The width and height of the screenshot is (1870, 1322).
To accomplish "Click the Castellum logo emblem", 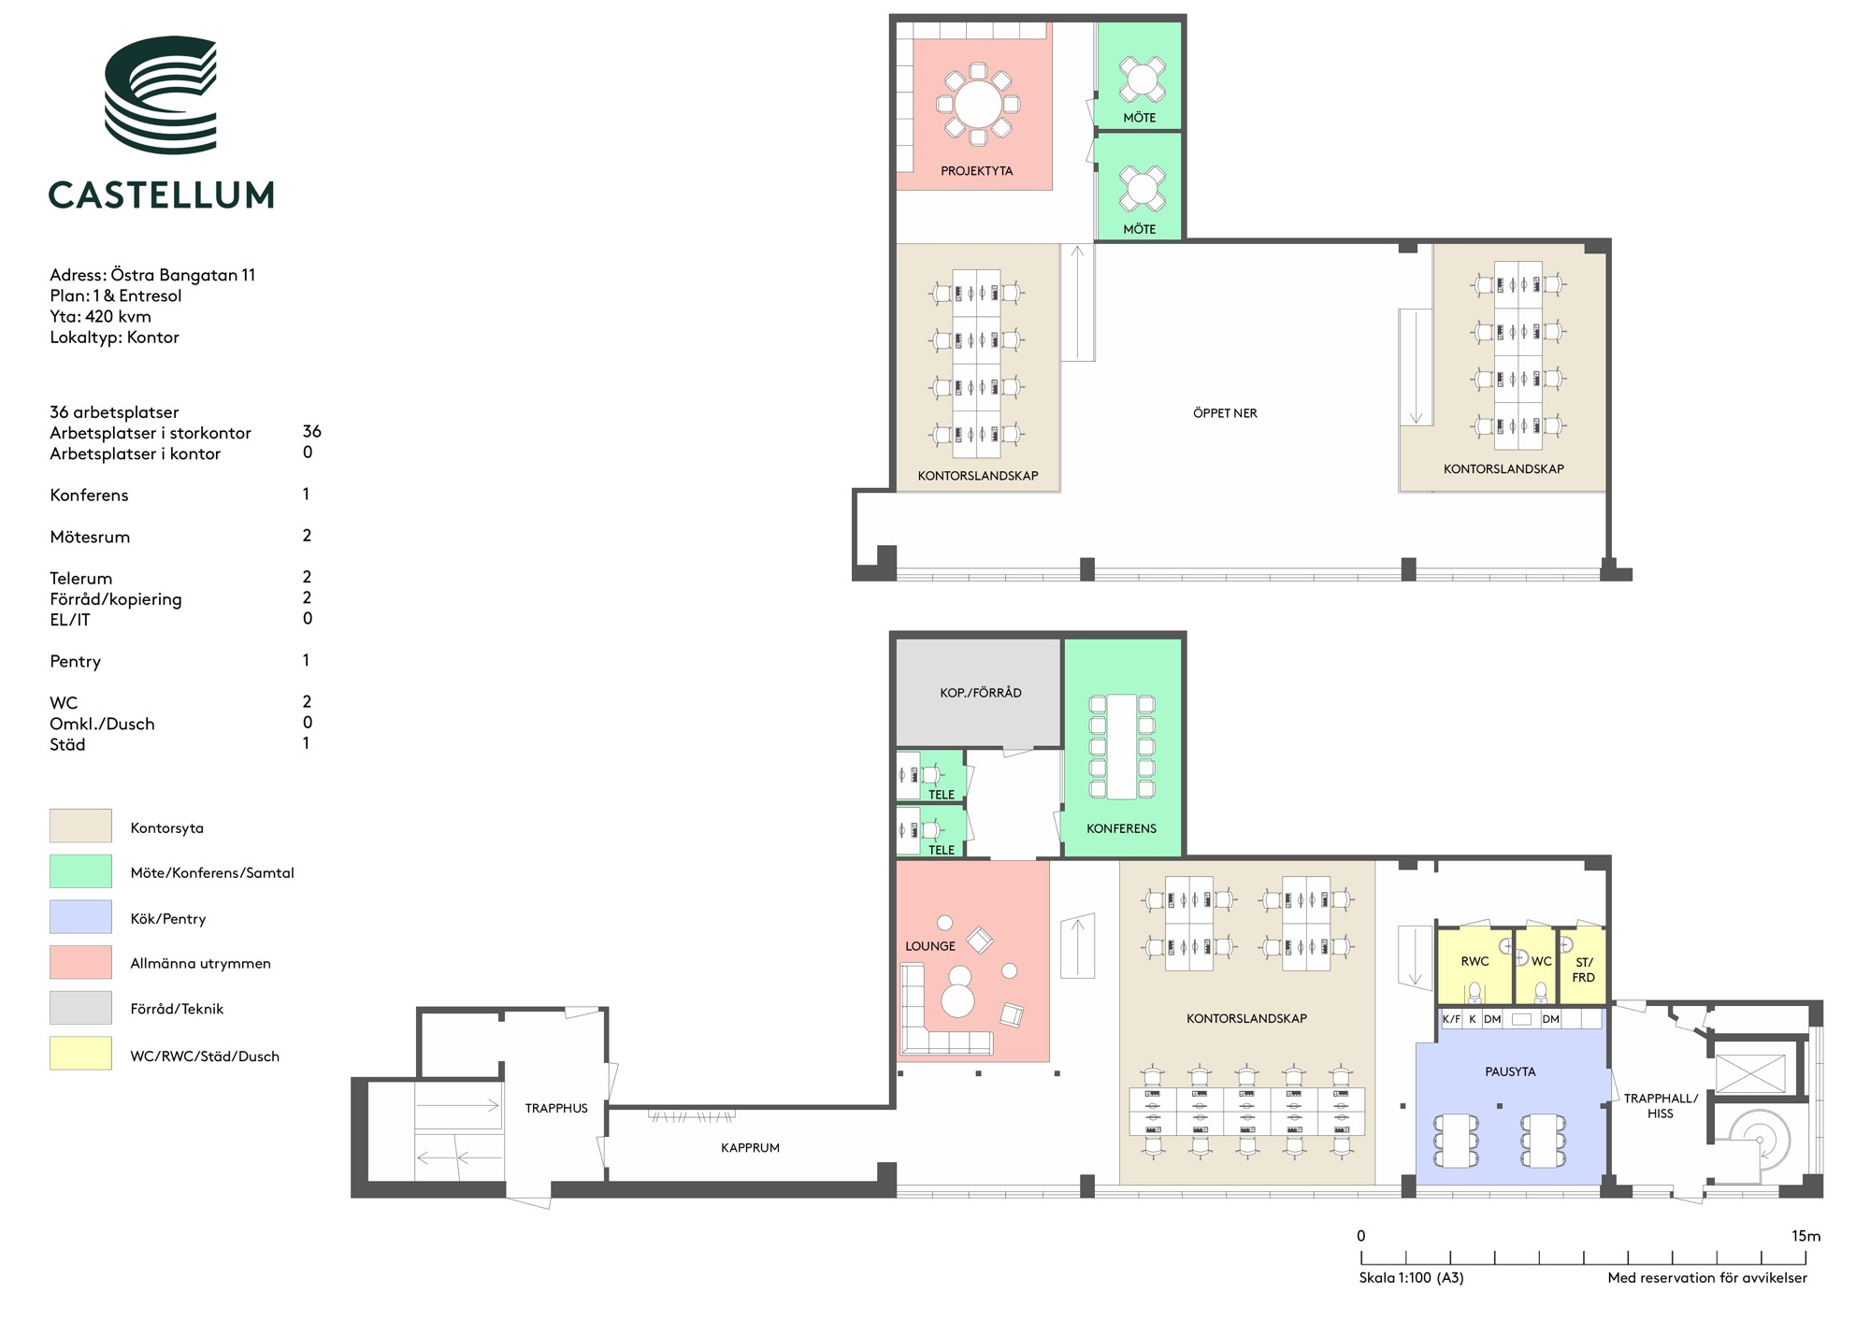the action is point(160,94).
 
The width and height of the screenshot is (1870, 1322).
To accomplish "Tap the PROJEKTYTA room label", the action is point(976,171).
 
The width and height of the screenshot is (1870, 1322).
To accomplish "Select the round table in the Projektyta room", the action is point(977,104).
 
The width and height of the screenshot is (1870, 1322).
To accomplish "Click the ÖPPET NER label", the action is point(1225,413).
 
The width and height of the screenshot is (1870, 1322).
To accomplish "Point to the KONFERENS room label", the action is point(1121,828).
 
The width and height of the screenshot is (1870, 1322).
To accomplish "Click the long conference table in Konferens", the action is point(1121,747).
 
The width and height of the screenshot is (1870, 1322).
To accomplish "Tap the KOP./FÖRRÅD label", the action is point(980,693).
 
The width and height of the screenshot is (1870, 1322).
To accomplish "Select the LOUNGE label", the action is point(929,946).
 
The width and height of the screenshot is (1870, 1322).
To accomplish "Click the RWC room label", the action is point(1474,961).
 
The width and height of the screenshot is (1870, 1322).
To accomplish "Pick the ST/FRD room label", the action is point(1583,970).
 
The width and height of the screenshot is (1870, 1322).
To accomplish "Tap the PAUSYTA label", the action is point(1510,1072).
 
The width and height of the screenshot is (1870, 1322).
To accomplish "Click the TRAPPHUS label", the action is point(556,1109).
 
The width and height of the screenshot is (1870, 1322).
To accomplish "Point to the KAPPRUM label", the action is point(750,1148).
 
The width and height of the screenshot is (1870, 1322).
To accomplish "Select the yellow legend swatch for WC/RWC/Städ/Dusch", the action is point(80,1054).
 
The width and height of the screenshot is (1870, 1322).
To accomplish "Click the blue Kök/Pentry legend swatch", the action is point(80,917).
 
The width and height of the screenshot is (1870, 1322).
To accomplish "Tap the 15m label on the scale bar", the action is point(1805,1236).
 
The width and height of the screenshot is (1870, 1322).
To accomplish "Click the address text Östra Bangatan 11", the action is point(183,275).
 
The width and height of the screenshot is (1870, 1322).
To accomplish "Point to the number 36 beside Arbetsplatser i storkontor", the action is point(311,431).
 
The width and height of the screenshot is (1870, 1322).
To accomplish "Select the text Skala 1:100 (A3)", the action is point(1411,1278).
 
